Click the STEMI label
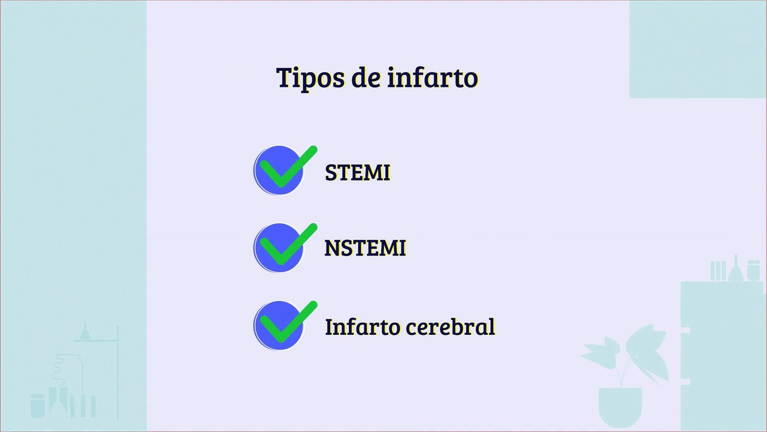(357, 173)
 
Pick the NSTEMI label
(365, 248)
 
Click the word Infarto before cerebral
(362, 327)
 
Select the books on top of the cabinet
(717, 271)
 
